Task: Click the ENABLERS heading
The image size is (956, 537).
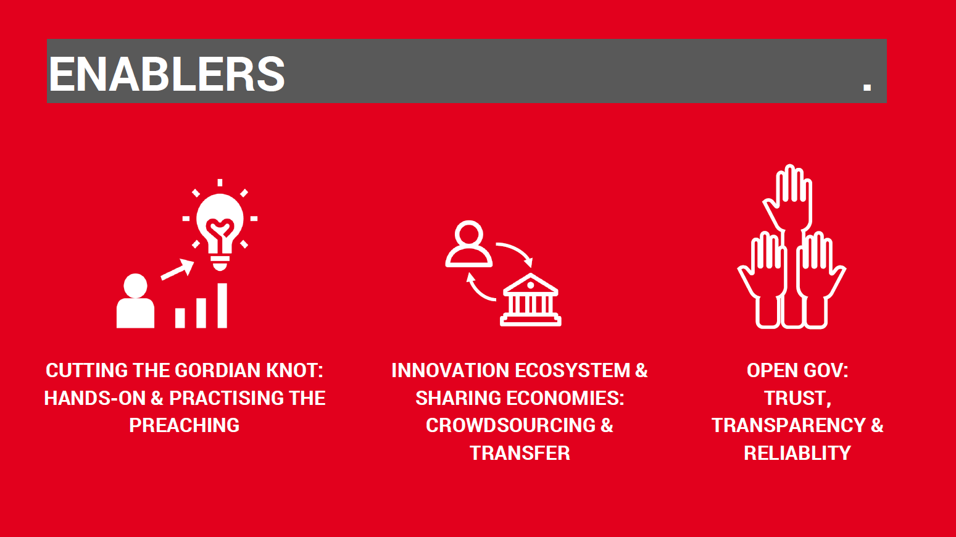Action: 167,74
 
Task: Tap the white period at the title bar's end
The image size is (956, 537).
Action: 867,86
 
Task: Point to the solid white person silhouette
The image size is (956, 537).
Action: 135,301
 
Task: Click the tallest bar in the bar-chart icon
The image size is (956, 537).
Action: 222,306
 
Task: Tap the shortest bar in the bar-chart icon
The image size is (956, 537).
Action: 180,318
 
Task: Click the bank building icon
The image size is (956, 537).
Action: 531,299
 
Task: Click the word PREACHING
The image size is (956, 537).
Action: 185,425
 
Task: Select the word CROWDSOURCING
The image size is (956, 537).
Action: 510,425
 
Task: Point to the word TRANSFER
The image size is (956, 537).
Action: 520,453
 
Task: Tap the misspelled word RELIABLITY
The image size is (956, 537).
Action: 797,453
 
